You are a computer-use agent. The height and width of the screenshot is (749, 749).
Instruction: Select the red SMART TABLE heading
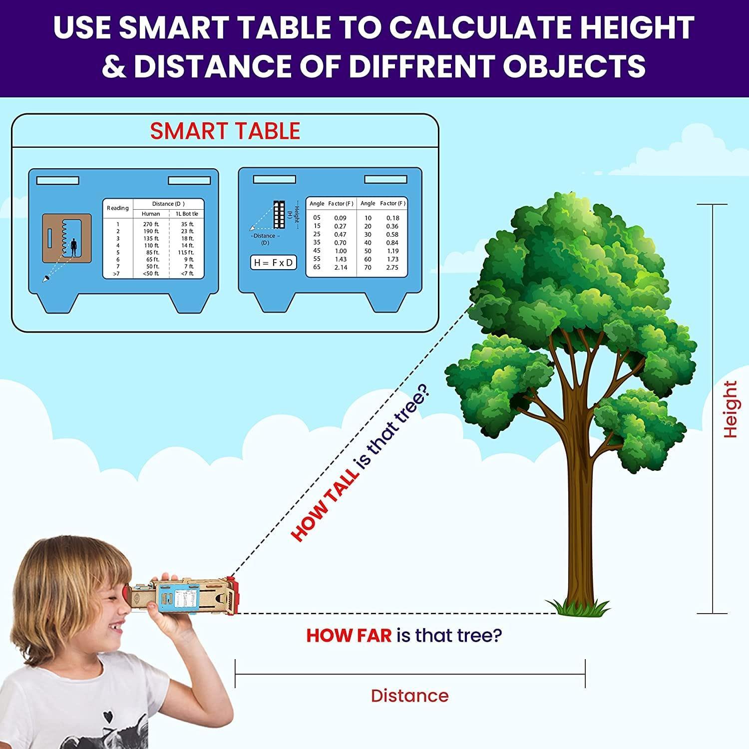(225, 131)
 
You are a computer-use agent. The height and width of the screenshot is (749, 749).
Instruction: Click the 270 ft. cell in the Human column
(151, 225)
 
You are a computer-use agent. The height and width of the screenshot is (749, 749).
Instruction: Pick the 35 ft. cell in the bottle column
(187, 225)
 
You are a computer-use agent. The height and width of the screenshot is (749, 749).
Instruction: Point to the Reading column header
(118, 208)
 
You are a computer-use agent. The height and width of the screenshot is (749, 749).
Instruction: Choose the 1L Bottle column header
(187, 214)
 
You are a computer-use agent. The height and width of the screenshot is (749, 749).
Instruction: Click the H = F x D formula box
(274, 263)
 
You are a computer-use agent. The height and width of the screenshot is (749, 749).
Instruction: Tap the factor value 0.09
(340, 218)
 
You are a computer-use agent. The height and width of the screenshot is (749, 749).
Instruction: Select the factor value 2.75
(392, 268)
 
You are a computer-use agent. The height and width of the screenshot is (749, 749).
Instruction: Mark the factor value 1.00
(341, 251)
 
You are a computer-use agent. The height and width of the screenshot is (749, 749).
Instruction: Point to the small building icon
(279, 214)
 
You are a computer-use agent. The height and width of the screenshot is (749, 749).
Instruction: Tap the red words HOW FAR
(349, 636)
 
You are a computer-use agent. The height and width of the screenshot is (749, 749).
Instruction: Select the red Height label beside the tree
(730, 409)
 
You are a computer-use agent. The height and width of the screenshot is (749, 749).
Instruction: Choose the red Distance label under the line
(410, 696)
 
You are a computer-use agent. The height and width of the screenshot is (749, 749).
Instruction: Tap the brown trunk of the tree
(579, 499)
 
